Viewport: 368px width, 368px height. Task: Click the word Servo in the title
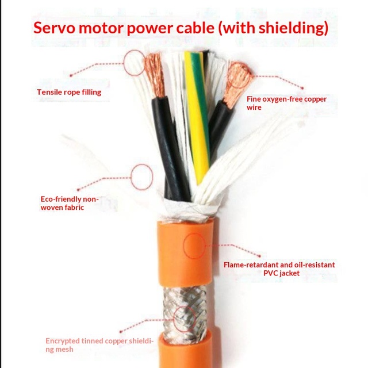(x=55, y=28)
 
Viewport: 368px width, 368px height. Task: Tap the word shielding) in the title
(x=293, y=28)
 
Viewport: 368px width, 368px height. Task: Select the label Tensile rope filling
(x=69, y=92)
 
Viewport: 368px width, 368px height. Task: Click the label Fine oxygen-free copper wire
(x=286, y=103)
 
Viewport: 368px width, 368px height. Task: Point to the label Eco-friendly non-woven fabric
(x=70, y=203)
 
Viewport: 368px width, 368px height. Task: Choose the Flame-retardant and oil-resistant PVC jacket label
(x=279, y=269)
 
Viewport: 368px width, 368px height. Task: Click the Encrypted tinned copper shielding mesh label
(x=99, y=345)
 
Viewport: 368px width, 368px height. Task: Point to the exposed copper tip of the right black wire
(x=239, y=82)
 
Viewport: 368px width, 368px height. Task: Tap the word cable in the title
(x=195, y=27)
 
